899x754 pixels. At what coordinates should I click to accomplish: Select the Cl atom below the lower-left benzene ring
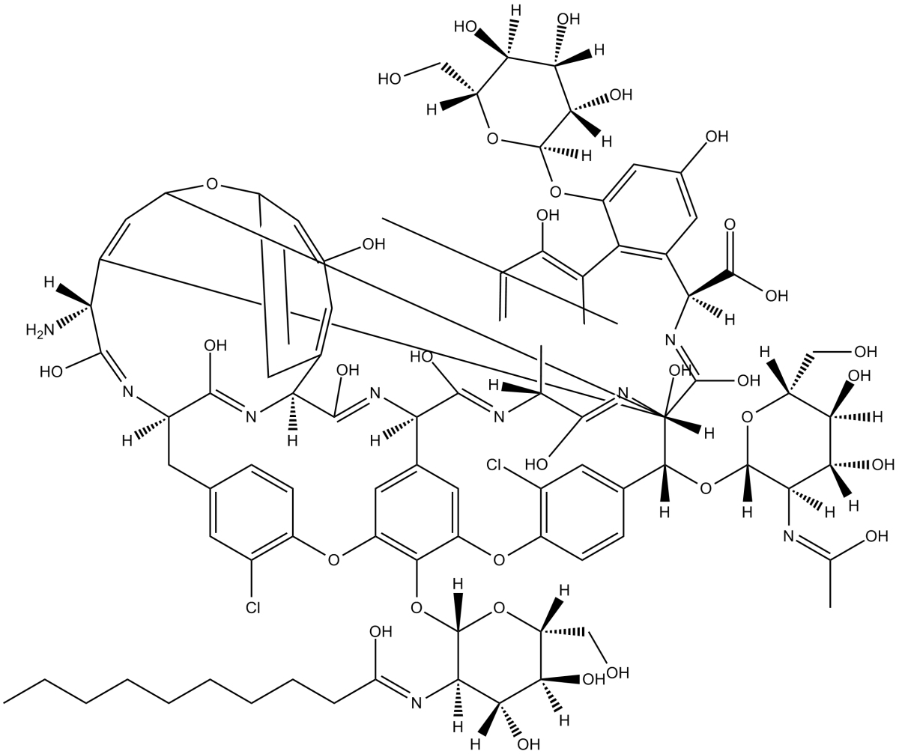coord(254,608)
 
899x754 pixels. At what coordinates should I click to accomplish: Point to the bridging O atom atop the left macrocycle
coord(213,182)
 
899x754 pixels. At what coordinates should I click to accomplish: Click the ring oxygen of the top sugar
coord(491,137)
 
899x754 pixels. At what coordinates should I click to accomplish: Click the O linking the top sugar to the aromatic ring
coord(555,189)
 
